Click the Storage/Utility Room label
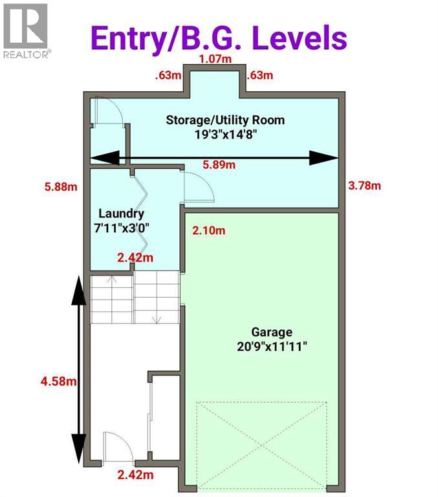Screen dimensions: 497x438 click(225, 120)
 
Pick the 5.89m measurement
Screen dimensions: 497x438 click(219, 165)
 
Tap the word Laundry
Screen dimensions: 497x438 click(121, 214)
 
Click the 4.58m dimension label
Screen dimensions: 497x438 click(58, 381)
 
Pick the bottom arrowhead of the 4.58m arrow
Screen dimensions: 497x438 click(78, 446)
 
